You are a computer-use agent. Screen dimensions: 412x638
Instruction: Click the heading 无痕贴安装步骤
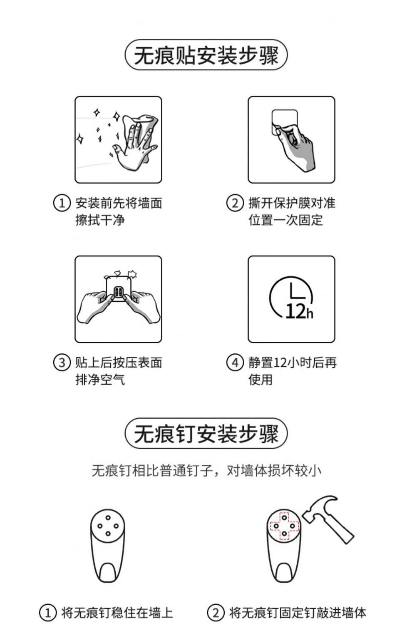click(x=206, y=55)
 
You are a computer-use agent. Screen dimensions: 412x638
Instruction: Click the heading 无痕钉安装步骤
click(x=206, y=434)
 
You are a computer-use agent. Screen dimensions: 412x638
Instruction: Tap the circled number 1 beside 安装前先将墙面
click(x=62, y=203)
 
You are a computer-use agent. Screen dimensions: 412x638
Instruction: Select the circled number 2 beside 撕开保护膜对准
click(x=235, y=203)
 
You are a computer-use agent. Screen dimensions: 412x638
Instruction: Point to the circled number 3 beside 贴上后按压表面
click(x=62, y=362)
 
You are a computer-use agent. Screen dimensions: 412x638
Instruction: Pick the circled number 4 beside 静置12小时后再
click(x=235, y=362)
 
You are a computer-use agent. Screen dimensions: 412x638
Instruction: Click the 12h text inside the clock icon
click(x=299, y=311)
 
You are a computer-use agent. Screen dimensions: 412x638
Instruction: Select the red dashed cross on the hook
click(x=284, y=526)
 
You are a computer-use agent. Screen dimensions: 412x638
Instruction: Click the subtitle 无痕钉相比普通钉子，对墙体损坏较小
click(x=206, y=470)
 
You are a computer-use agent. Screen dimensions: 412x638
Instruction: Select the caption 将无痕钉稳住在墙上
click(x=117, y=613)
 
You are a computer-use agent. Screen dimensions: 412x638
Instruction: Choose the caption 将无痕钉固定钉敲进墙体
click(x=298, y=613)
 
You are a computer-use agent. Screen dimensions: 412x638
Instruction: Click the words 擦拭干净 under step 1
click(x=100, y=220)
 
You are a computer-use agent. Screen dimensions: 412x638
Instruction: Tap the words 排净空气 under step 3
click(x=100, y=380)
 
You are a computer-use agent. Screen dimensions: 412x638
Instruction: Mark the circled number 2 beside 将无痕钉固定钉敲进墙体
click(x=216, y=613)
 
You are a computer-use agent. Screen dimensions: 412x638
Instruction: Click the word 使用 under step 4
click(x=261, y=380)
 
